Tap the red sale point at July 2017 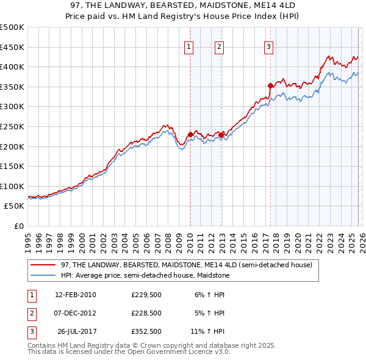pyautogui.click(x=270, y=85)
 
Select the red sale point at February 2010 pyautogui.click(x=190, y=134)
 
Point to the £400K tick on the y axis pyautogui.click(x=13, y=67)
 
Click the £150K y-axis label pyautogui.click(x=13, y=166)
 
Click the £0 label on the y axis pyautogui.click(x=18, y=226)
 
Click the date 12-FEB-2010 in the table pyautogui.click(x=75, y=294)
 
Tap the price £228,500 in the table pyautogui.click(x=146, y=312)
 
